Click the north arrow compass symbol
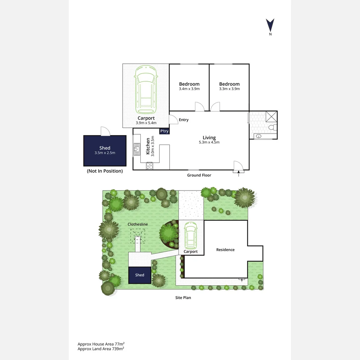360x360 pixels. pyautogui.click(x=270, y=25)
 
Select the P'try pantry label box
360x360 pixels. pyautogui.click(x=164, y=131)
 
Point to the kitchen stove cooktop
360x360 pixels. pyautogui.click(x=149, y=166)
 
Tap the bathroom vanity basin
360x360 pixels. pyautogui.click(x=259, y=136)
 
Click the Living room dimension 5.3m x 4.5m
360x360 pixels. pyautogui.click(x=209, y=142)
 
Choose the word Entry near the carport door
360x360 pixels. pyautogui.click(x=184, y=120)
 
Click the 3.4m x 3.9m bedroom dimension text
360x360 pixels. pyautogui.click(x=189, y=89)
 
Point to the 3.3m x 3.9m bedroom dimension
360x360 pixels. pyautogui.click(x=229, y=89)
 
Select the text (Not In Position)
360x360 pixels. pyautogui.click(x=105, y=171)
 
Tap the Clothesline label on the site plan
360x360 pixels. pyautogui.click(x=138, y=224)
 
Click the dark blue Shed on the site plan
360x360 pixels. pyautogui.click(x=140, y=275)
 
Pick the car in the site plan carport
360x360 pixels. pyautogui.click(x=190, y=236)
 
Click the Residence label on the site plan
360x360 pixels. pyautogui.click(x=225, y=250)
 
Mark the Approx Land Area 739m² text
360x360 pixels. pyautogui.click(x=101, y=349)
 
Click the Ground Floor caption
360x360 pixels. pyautogui.click(x=199, y=175)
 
